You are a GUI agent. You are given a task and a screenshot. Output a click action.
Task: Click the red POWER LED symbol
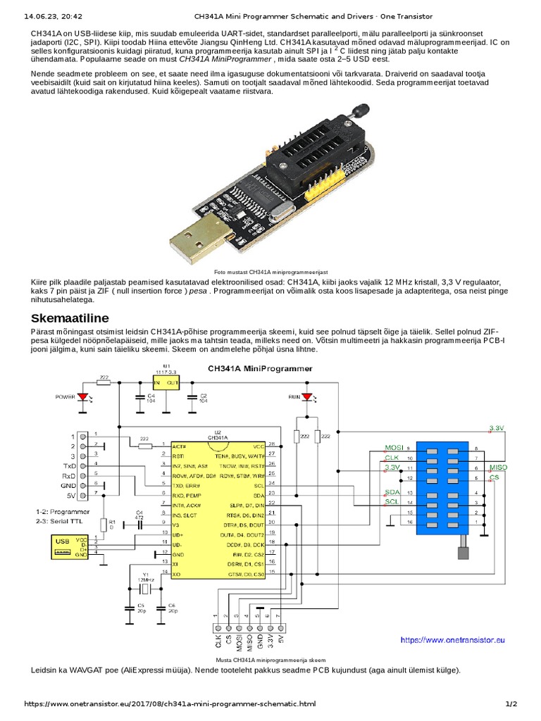click(85, 397)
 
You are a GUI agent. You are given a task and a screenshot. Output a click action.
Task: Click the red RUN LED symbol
click(306, 397)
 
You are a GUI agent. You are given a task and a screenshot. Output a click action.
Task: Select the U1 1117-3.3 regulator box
click(166, 382)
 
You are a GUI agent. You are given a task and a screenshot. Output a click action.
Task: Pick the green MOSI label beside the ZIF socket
click(393, 447)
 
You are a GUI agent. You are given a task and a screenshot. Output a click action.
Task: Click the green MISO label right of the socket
click(497, 468)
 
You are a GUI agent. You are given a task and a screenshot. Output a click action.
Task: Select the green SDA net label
click(392, 492)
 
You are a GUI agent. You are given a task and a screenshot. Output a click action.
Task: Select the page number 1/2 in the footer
click(511, 703)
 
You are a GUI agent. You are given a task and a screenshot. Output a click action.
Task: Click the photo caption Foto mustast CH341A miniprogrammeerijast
click(270, 270)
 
